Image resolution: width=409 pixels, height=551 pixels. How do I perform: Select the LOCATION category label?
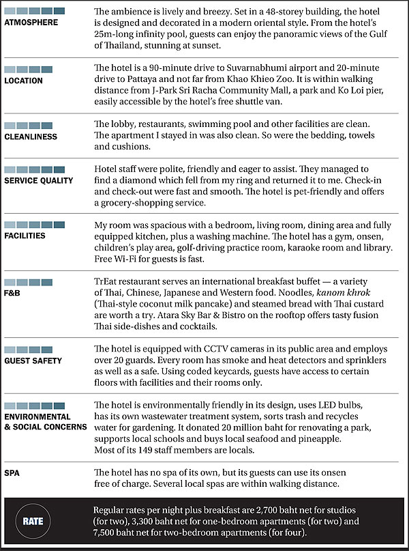23,81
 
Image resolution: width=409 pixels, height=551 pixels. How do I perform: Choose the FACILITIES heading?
25,236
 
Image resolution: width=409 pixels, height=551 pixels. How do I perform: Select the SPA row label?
12,472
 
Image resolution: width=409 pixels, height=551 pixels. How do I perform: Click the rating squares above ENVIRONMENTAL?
35,405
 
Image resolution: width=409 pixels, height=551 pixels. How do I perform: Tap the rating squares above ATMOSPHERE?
35,11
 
